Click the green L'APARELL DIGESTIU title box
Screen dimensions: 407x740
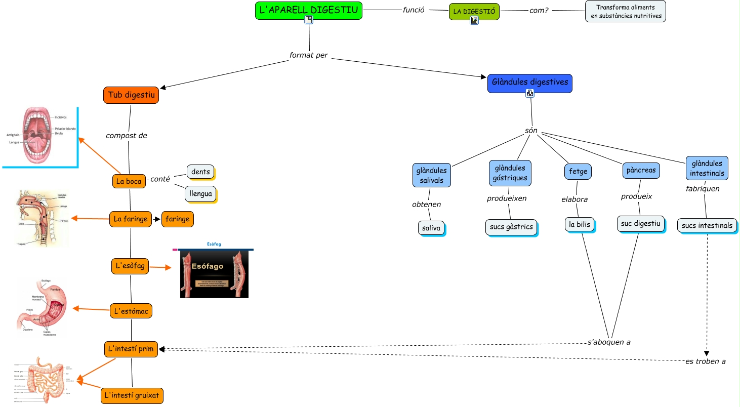308,10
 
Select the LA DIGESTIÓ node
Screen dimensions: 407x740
474,11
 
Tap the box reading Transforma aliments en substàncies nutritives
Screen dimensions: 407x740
625,12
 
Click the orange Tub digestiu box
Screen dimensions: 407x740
131,95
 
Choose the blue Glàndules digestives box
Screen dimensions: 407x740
529,83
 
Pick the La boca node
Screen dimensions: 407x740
129,181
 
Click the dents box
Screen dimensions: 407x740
200,172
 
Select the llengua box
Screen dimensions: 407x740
200,193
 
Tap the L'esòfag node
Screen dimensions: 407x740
130,266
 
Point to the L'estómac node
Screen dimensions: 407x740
131,311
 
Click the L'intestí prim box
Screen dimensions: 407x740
131,349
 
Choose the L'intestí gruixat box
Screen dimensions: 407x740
132,395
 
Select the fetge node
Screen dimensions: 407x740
578,172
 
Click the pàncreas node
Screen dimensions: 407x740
641,171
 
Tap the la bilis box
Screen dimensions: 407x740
580,224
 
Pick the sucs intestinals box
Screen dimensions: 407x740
707,225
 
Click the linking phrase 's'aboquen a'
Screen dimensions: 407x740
609,342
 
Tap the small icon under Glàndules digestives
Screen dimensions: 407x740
530,93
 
